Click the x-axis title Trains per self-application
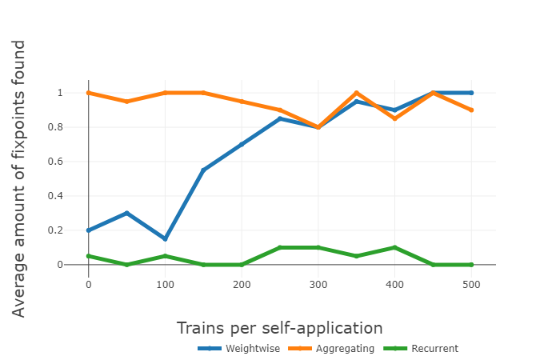pyautogui.click(x=279, y=327)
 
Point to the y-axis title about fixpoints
pyautogui.click(x=19, y=178)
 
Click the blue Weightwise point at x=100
pyautogui.click(x=165, y=239)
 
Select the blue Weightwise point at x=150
pyautogui.click(x=203, y=170)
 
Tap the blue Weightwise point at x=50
pyautogui.click(x=126, y=213)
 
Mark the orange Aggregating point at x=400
pyautogui.click(x=395, y=118)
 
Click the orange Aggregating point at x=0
pyautogui.click(x=88, y=93)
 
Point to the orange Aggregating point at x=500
pyautogui.click(x=472, y=110)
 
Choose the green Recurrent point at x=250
pyautogui.click(x=280, y=247)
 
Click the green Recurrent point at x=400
pyautogui.click(x=395, y=247)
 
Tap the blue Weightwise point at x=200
pyautogui.click(x=242, y=144)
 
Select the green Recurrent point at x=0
pyautogui.click(x=88, y=256)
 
